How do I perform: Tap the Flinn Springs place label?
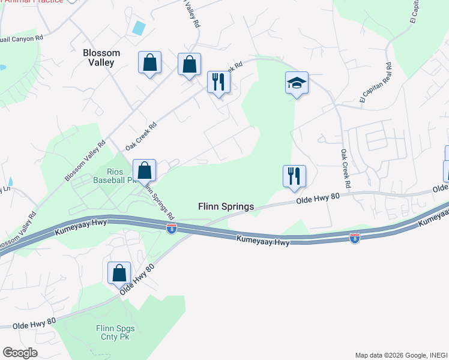tap(226, 206)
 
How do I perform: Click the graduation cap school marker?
tap(297, 83)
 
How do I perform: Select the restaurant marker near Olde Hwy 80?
tap(294, 176)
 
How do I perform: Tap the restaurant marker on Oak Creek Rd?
tap(218, 82)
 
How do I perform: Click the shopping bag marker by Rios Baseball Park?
tap(144, 170)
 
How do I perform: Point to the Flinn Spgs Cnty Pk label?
tap(115, 332)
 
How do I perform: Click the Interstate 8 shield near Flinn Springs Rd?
tap(172, 229)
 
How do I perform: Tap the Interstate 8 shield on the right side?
tap(354, 238)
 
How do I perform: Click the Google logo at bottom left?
tap(20, 353)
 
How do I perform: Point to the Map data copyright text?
tap(401, 355)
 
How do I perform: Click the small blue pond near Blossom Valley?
tap(139, 28)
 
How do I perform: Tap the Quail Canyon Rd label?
tap(22, 38)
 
